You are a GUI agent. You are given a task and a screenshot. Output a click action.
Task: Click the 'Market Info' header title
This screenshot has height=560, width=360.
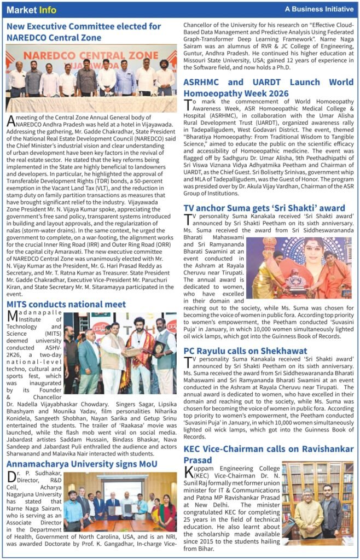(31, 9)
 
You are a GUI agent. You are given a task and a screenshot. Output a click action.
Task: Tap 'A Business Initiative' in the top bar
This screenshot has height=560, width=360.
(319, 9)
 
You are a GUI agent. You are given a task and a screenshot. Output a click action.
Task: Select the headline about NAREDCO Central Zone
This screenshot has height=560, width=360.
(84, 32)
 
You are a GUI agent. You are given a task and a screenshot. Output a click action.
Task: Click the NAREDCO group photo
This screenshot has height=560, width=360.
(91, 78)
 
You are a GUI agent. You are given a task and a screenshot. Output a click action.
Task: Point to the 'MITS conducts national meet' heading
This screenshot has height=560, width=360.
(66, 304)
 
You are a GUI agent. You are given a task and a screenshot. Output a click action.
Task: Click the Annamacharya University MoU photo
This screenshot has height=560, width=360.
(120, 501)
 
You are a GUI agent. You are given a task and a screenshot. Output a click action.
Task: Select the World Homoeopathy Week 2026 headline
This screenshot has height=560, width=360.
(268, 88)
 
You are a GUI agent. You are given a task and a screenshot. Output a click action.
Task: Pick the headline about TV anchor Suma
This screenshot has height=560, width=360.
(264, 208)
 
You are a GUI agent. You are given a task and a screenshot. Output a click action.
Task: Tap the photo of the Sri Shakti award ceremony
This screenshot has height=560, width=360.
(298, 267)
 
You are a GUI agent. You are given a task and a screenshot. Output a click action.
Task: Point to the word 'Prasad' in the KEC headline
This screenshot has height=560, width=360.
(198, 460)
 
